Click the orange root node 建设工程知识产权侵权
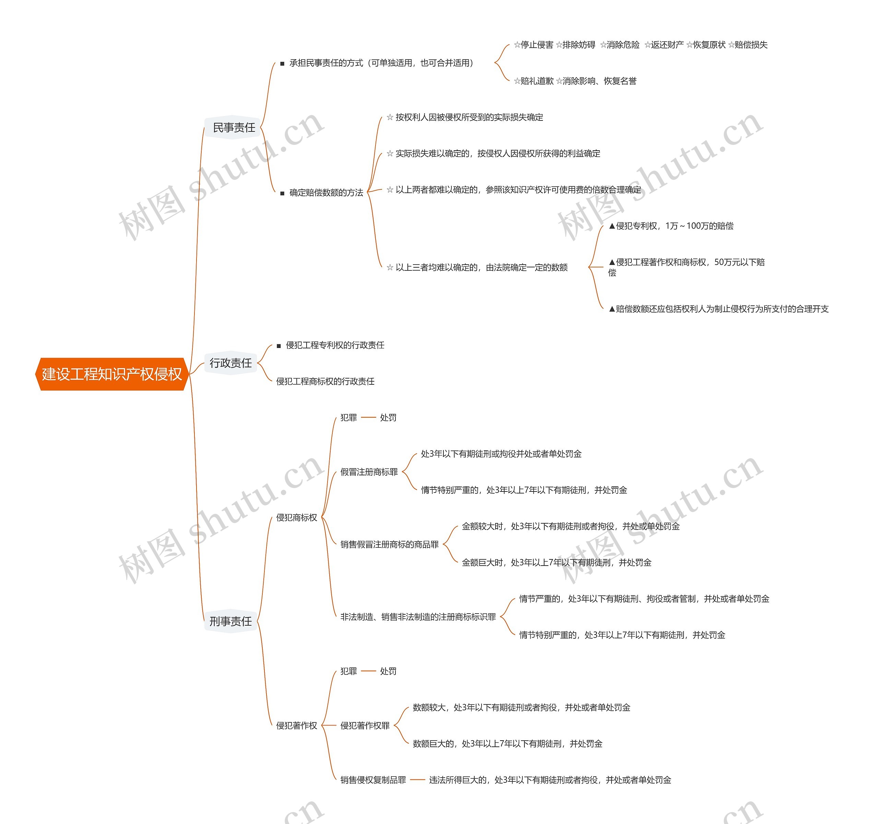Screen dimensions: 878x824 (112, 374)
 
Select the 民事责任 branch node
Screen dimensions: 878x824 (234, 128)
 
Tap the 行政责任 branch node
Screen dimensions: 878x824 (230, 363)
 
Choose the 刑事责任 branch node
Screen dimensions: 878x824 (230, 621)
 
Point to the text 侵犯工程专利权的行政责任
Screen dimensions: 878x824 (335, 345)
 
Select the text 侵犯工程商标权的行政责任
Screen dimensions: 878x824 (325, 381)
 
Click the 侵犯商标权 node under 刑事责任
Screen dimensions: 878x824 (297, 518)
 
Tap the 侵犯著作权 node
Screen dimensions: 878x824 (297, 726)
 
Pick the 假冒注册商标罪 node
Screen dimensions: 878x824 (369, 472)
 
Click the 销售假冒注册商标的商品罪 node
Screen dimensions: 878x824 (390, 544)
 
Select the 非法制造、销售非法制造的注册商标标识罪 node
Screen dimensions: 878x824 (418, 617)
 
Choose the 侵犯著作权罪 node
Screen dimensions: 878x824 (365, 726)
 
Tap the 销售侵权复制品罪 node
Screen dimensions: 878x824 (373, 780)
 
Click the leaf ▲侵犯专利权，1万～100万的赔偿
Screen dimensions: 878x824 (671, 226)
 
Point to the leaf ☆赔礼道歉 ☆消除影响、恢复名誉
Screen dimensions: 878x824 (575, 81)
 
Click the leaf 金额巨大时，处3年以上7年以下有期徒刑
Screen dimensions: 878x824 (557, 562)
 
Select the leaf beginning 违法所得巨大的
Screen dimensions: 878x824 (550, 780)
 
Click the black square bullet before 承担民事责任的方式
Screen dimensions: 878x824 (282, 63)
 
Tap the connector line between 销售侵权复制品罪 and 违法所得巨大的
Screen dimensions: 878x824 (417, 780)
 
